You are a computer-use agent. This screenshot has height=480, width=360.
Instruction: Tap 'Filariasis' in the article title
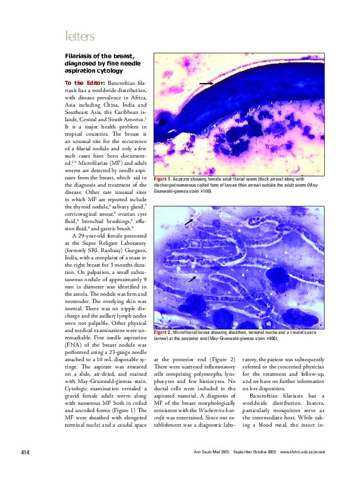(x=81, y=55)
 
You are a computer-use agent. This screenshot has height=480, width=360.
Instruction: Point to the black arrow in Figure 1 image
(x=222, y=83)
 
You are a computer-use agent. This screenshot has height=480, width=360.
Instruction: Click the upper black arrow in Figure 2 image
(x=189, y=222)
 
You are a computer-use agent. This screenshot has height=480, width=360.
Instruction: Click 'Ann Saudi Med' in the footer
(x=207, y=470)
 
